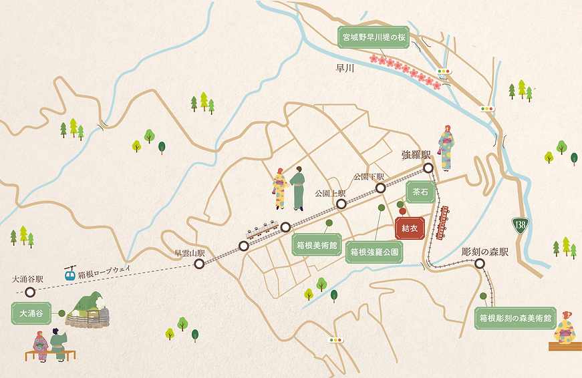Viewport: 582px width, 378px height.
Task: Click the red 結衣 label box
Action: (x=410, y=228)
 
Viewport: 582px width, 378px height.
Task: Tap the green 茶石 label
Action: (x=420, y=192)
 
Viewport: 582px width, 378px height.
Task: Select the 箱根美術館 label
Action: (x=316, y=245)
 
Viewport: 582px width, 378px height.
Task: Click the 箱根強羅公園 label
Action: (x=374, y=252)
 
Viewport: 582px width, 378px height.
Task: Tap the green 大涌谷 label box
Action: (x=31, y=313)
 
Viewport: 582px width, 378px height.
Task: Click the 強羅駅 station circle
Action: (x=428, y=169)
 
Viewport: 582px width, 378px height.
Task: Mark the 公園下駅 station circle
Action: (x=380, y=188)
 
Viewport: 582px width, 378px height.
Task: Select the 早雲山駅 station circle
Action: (x=198, y=264)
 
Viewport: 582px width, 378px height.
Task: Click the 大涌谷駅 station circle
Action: (x=29, y=292)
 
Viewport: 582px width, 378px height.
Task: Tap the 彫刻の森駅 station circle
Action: (x=480, y=264)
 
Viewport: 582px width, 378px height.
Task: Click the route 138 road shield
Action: (x=521, y=226)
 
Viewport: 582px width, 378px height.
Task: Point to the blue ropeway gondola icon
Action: (x=69, y=273)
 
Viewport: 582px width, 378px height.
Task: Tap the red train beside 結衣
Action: (x=442, y=222)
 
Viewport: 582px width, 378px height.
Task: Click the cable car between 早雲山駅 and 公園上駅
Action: (x=262, y=229)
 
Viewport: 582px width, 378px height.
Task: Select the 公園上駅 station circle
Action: (x=341, y=205)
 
